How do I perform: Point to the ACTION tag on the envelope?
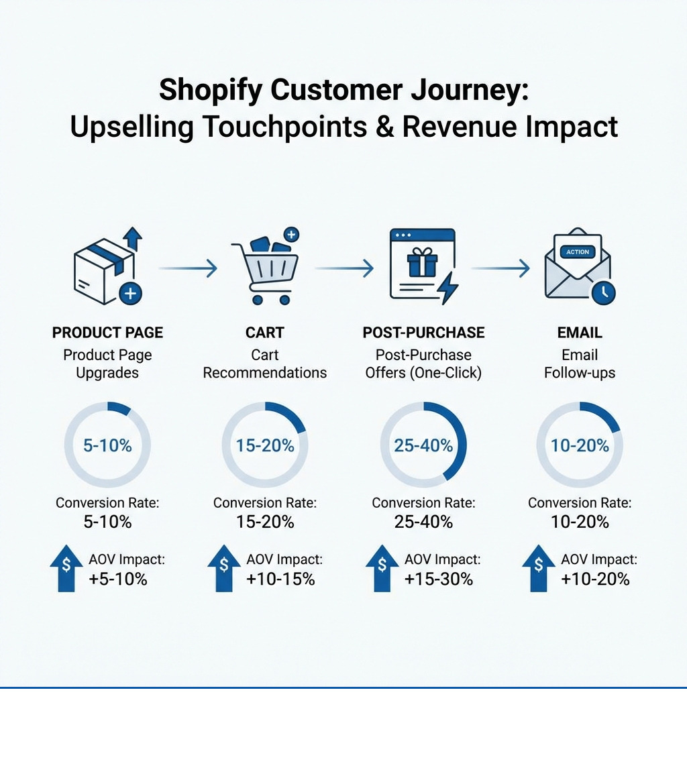point(577,252)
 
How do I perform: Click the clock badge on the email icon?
point(604,292)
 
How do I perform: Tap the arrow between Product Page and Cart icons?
point(189,269)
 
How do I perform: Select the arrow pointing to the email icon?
point(500,269)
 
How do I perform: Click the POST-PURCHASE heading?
point(423,333)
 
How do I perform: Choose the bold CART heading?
point(265,333)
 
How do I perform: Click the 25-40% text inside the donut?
point(423,445)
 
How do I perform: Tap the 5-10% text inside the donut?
point(107,445)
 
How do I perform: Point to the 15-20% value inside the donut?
point(265,445)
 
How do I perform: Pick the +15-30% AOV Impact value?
point(439,579)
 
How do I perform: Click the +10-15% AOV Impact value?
point(280,579)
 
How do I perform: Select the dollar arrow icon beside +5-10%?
point(66,567)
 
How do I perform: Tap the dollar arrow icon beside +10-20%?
point(539,567)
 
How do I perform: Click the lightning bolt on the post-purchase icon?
point(447,290)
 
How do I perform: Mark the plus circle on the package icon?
point(130,293)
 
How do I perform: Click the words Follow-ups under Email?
point(580,373)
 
